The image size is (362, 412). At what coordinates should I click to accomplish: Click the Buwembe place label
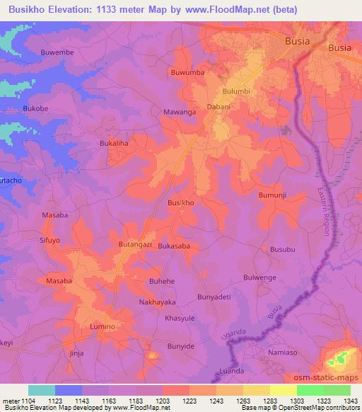[x=57, y=52]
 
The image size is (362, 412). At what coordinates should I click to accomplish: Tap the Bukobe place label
[x=35, y=108]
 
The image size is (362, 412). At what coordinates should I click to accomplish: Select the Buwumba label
[x=187, y=72]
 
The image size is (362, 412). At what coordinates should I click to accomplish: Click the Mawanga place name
[x=178, y=110]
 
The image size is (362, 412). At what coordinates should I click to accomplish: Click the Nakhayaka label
[x=156, y=302]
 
